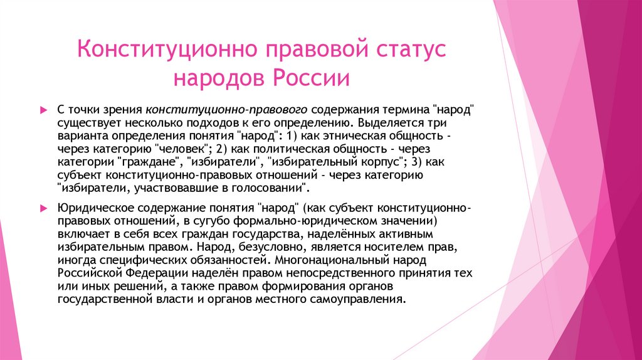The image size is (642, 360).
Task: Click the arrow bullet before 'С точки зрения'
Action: (43, 109)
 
